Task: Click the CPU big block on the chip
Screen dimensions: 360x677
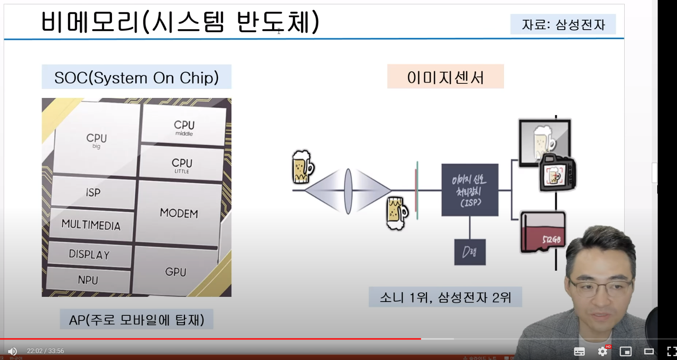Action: tap(96, 140)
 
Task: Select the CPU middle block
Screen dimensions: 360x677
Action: tap(184, 127)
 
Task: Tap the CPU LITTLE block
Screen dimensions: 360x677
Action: tap(182, 165)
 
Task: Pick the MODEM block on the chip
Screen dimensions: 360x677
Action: tap(179, 213)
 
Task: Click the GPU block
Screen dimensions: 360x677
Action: tap(176, 272)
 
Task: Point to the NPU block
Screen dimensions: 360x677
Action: tap(88, 280)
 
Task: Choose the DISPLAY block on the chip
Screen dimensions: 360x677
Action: tap(89, 254)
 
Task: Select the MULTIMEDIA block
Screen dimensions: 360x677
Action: tap(91, 225)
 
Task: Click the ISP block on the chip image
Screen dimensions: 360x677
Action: tap(93, 192)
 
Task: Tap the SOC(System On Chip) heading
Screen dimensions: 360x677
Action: tap(137, 77)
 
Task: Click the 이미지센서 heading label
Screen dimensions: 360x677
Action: tap(445, 77)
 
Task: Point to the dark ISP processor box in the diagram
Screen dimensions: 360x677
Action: tap(470, 190)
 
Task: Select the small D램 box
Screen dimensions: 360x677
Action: tap(470, 252)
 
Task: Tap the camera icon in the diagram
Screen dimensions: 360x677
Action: tap(557, 173)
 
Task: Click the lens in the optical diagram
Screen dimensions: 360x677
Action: tap(348, 191)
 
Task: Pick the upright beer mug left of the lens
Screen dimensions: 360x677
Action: tap(302, 167)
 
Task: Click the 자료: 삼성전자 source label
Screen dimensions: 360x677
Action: tap(563, 24)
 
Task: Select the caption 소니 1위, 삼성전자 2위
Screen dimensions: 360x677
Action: tap(445, 297)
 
